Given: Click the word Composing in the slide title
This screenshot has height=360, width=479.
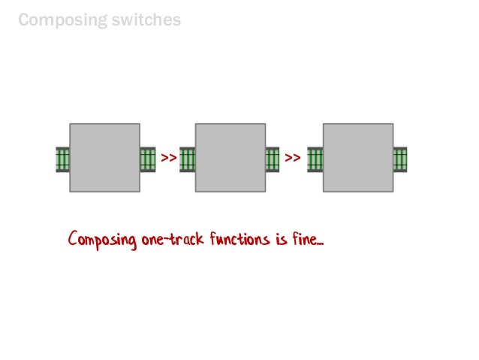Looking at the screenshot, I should [x=61, y=20].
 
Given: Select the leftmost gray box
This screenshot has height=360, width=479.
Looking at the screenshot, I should [x=104, y=158].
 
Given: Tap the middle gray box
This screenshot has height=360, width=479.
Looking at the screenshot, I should [x=230, y=158].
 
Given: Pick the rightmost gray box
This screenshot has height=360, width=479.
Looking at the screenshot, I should [x=357, y=158].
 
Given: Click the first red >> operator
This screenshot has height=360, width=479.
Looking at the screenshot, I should [x=168, y=159].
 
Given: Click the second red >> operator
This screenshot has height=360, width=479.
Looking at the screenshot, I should [x=294, y=159].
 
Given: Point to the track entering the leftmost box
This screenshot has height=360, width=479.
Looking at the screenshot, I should [x=62, y=159].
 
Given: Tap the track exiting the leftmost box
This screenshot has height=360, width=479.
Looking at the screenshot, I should [x=148, y=159].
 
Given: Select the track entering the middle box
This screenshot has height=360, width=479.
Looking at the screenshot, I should [x=188, y=159].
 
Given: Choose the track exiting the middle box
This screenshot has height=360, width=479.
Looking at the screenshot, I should [x=273, y=159].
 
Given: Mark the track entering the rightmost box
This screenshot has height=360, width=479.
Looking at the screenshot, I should [x=315, y=159].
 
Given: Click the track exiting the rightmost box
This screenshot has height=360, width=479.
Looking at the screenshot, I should [x=400, y=159].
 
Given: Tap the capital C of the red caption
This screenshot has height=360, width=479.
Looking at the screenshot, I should [x=73, y=241].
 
